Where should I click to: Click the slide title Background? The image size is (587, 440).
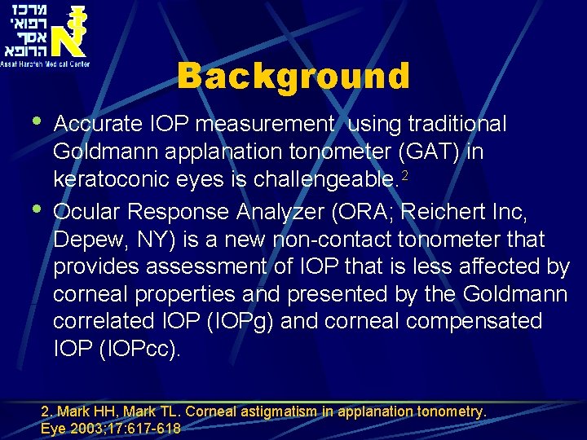point(293,77)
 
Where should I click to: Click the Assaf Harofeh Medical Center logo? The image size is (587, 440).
point(46,34)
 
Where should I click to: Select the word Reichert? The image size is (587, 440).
point(460,212)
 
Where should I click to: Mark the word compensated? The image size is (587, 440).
point(474,321)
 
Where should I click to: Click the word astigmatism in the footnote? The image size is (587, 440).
point(271,413)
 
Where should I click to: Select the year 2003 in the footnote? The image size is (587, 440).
point(90,429)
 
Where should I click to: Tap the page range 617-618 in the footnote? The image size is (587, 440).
point(152,429)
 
